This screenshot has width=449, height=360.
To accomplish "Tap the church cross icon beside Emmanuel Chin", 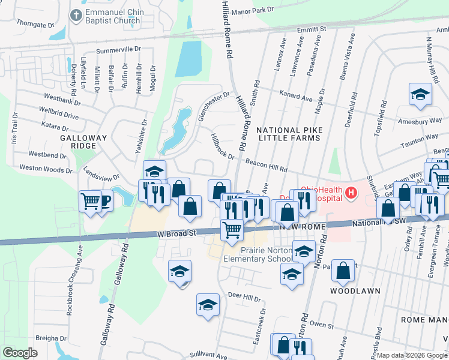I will (76, 14).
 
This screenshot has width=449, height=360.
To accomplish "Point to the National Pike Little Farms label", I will (289, 134).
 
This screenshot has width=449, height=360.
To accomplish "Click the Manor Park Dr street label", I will (253, 10).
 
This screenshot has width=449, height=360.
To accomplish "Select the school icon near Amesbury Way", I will (420, 94).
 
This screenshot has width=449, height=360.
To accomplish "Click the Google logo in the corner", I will (20, 353).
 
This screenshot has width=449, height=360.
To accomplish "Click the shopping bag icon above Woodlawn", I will (343, 271).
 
